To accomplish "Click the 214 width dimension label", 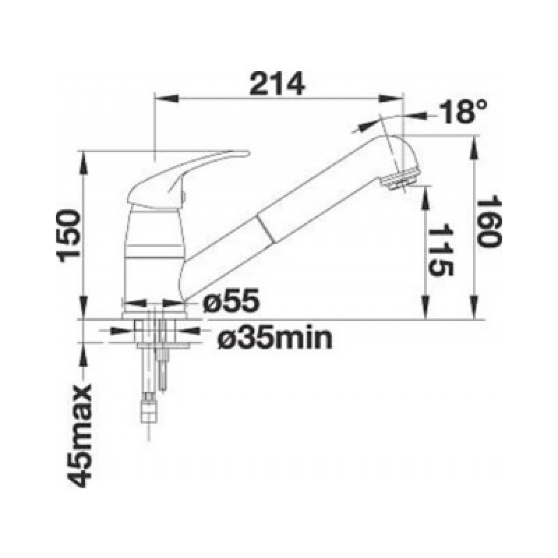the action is tap(277, 84).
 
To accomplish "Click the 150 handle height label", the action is tap(69, 236).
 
